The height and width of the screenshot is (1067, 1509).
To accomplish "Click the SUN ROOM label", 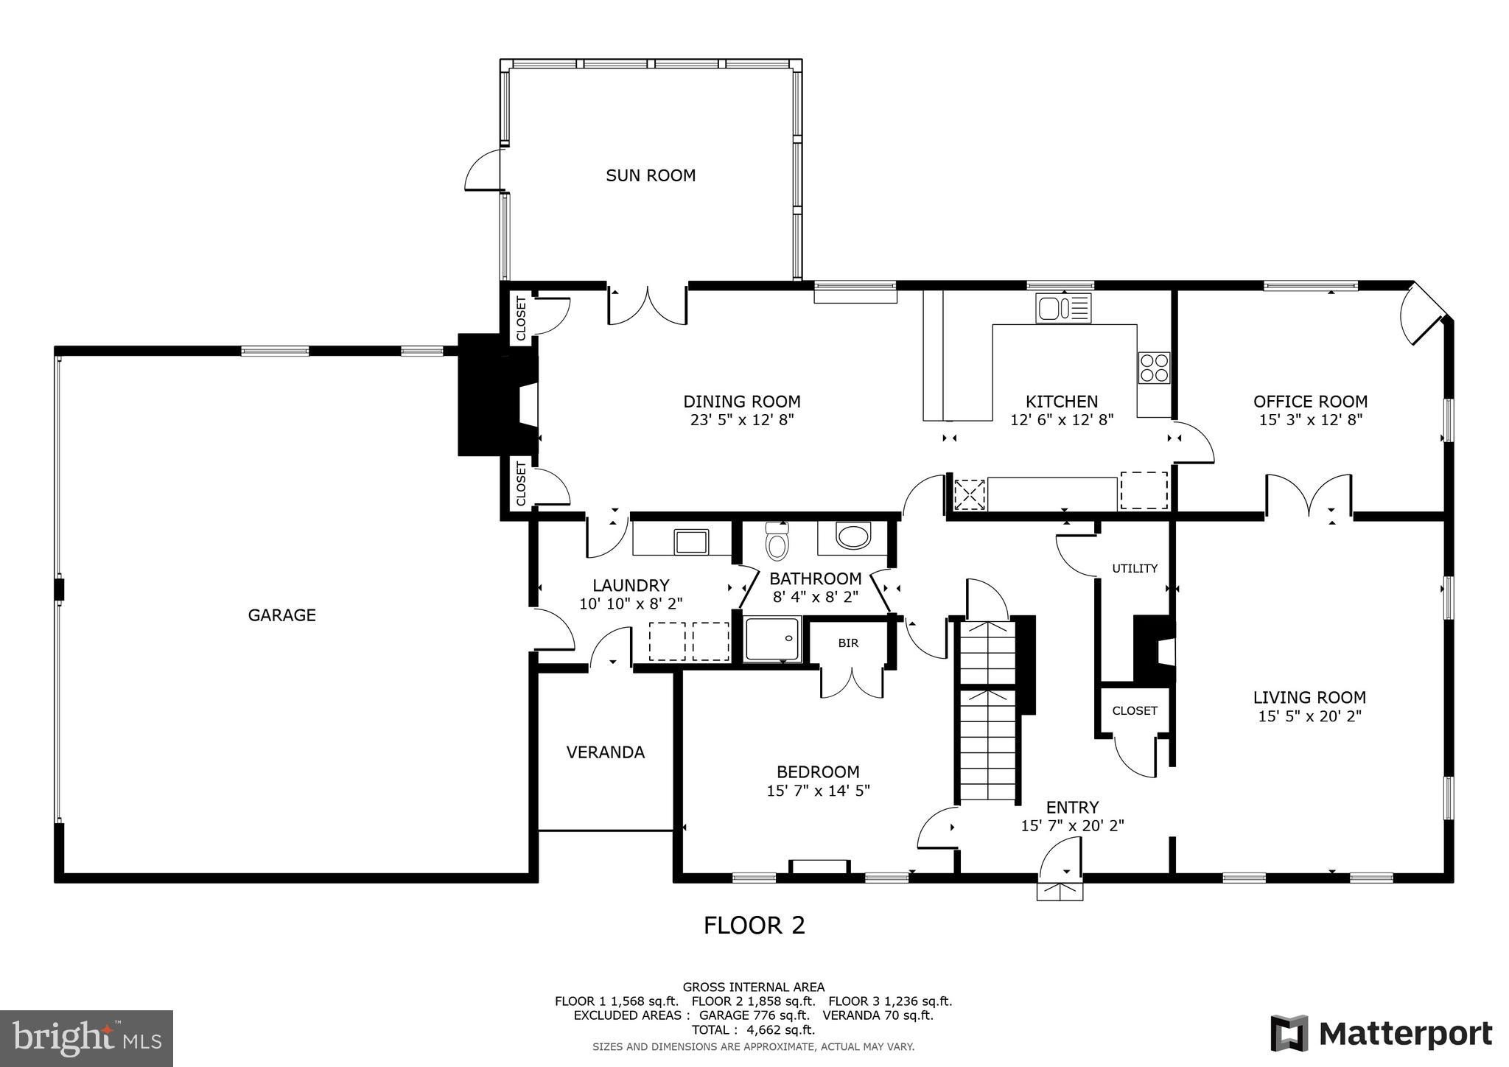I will (x=651, y=175).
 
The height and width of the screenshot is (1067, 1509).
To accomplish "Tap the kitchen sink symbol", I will (x=1062, y=308).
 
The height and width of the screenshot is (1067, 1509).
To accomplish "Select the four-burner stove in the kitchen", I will (x=1153, y=368).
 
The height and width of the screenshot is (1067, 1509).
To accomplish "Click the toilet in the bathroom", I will (x=777, y=542).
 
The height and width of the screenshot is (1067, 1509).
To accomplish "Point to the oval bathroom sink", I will (x=854, y=536).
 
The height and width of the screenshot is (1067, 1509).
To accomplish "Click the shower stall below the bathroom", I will (x=771, y=639).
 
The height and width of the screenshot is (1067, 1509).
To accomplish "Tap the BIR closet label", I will (x=848, y=643).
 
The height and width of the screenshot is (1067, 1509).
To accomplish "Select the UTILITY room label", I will (x=1135, y=568).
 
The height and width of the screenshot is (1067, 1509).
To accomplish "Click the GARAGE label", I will (x=281, y=615).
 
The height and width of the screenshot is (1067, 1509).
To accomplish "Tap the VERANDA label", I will (x=605, y=752).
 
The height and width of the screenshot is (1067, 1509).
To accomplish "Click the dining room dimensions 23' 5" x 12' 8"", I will (x=741, y=420).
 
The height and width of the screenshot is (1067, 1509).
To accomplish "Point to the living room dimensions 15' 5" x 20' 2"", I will (x=1309, y=716).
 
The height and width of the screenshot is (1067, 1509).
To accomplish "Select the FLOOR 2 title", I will (x=754, y=925).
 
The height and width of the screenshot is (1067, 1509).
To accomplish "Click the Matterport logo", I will (x=1381, y=1033).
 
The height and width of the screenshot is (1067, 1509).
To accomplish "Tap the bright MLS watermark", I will (x=86, y=1039).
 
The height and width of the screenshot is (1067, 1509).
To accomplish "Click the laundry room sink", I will (x=691, y=542).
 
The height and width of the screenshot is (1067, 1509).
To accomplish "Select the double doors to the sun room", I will (x=648, y=307).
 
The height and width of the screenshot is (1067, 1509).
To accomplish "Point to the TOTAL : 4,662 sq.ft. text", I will (x=753, y=1030).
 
